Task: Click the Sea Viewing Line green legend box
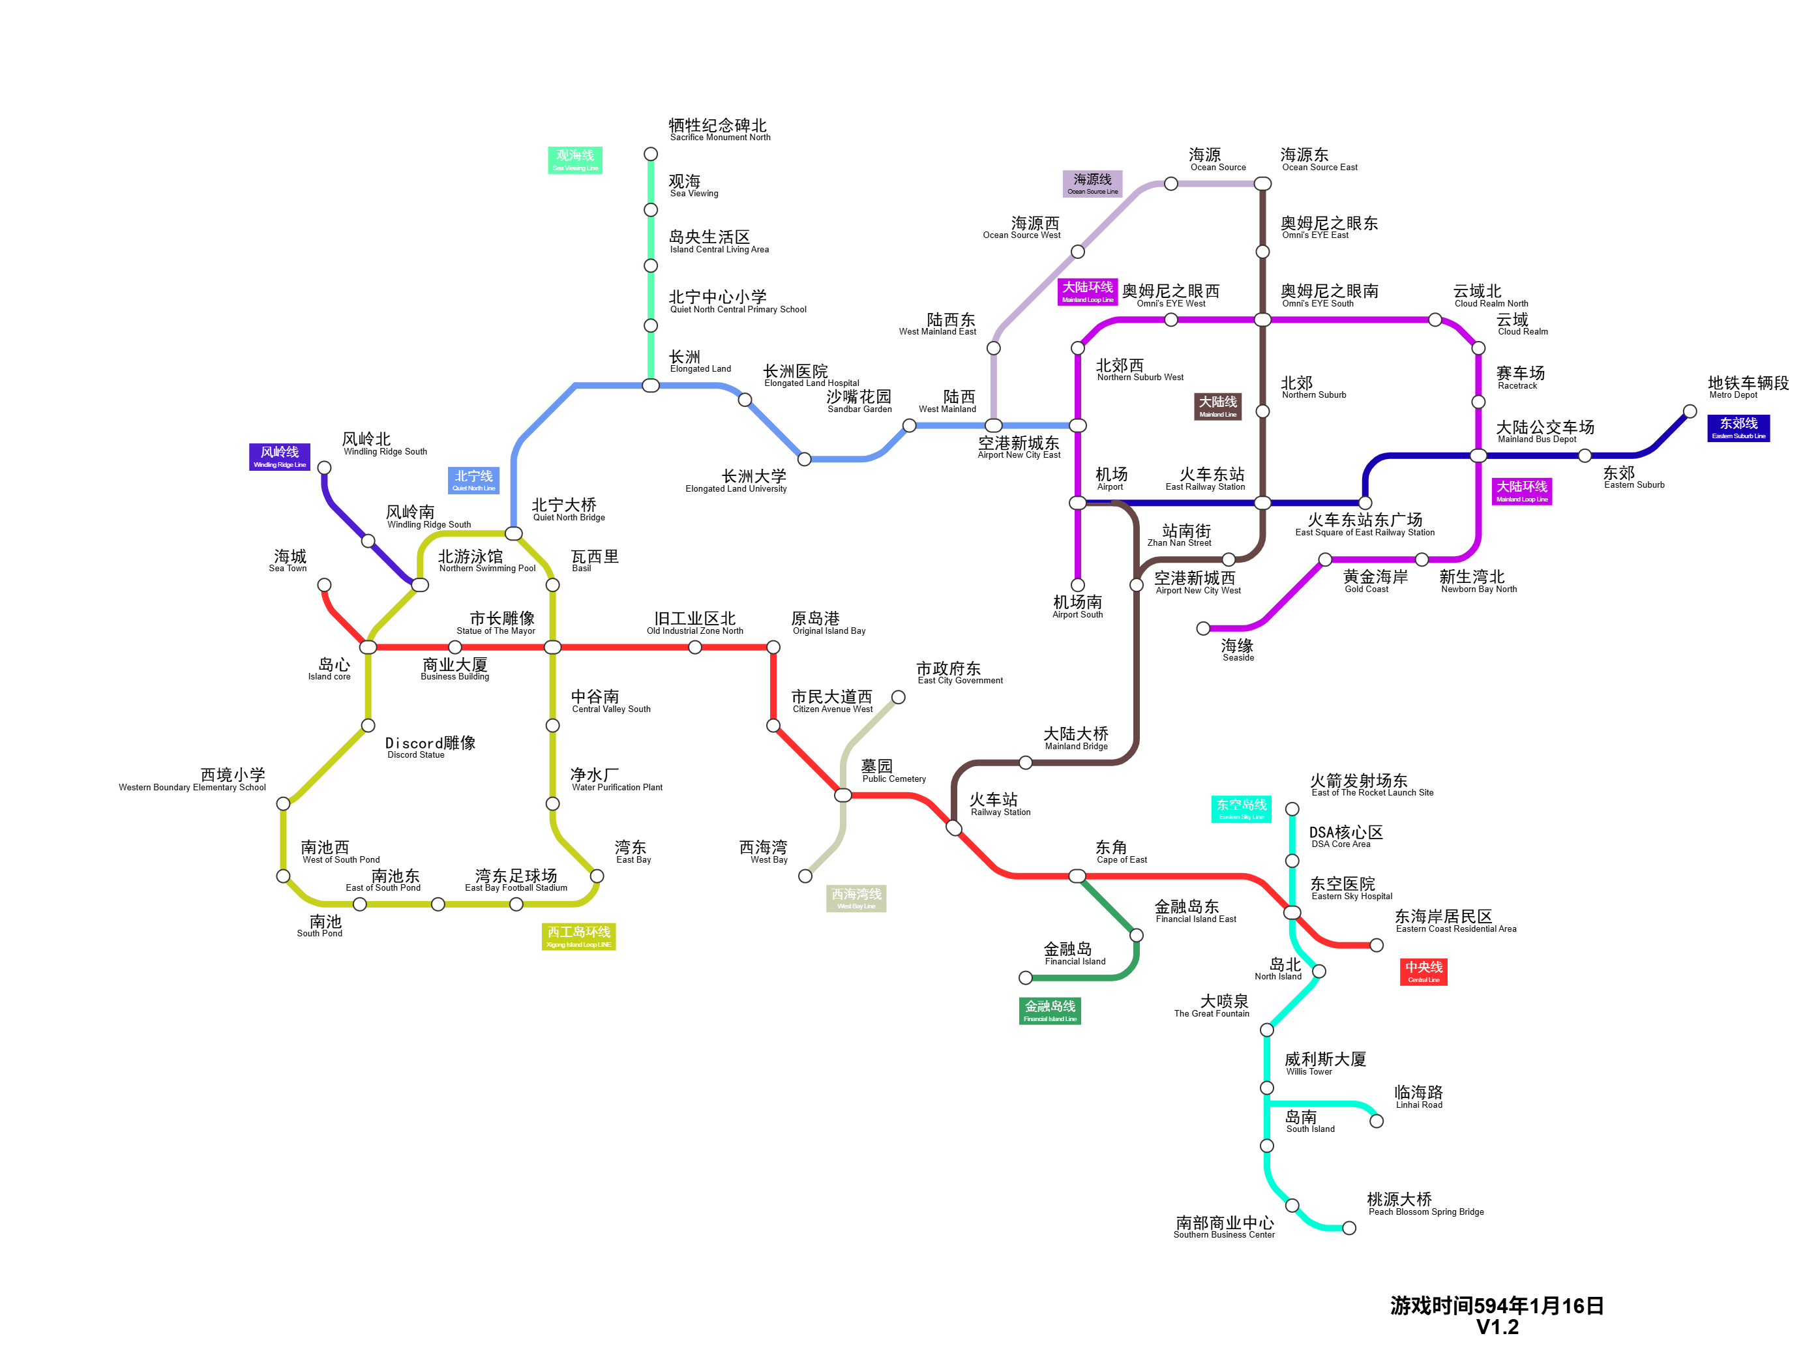point(574,160)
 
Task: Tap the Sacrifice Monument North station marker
point(651,154)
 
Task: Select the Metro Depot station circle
point(1690,411)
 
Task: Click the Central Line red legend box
point(1423,972)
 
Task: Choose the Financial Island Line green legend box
point(1050,1011)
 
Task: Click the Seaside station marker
point(1203,629)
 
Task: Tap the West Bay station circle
point(805,876)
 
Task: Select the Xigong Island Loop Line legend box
point(579,936)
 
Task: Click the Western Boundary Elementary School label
point(192,780)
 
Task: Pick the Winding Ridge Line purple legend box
point(280,456)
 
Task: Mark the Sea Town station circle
point(325,586)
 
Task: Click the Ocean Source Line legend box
point(1092,183)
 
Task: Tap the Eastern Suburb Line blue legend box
point(1738,428)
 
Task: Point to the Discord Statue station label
point(430,747)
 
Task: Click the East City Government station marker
point(899,697)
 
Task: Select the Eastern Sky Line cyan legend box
point(1242,809)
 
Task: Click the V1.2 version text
point(1497,1327)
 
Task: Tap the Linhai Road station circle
point(1377,1121)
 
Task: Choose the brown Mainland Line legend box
point(1218,406)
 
